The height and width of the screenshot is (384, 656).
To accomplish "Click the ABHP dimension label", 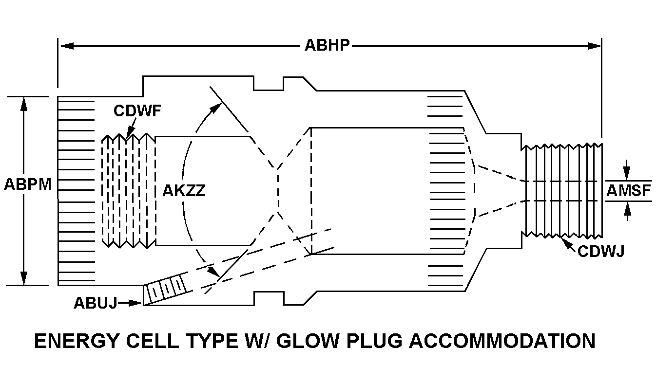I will (327, 45).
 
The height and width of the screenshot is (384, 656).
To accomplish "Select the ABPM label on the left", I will (28, 185).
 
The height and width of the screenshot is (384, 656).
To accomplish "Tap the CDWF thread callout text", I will (137, 111).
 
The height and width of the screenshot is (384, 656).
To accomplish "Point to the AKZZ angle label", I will (184, 190).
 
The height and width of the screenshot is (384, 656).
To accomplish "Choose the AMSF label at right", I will (629, 191).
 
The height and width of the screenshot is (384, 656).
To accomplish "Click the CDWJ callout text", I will (600, 251).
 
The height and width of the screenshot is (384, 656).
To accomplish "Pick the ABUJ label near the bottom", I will (95, 303).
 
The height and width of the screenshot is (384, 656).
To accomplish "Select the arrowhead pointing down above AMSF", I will (627, 175).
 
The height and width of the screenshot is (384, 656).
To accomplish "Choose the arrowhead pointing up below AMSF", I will (627, 208).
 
